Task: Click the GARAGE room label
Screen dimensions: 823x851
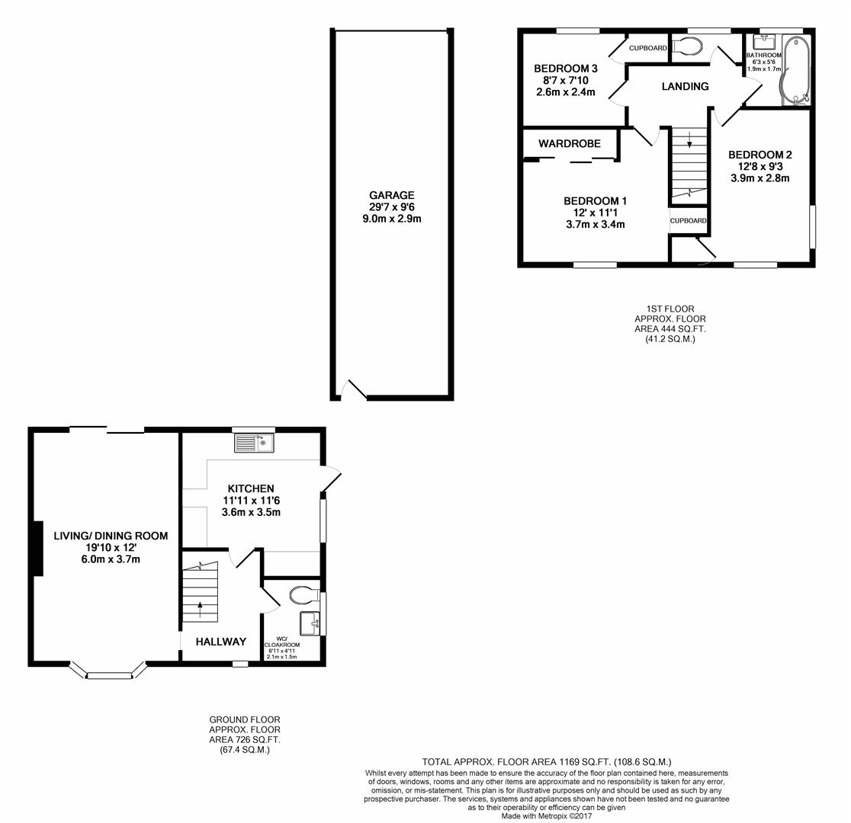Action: click(392, 195)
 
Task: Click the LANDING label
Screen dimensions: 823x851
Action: click(685, 86)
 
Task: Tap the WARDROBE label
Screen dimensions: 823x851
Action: click(569, 143)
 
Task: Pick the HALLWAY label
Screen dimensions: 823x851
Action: click(221, 642)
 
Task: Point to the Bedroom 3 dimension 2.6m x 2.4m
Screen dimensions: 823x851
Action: click(565, 92)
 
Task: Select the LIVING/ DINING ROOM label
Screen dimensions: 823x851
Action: click(111, 536)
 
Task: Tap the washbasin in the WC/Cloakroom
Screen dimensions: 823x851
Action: click(310, 623)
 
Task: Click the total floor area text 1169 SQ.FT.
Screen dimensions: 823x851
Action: click(546, 761)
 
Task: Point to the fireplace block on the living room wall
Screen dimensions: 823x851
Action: click(37, 549)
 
